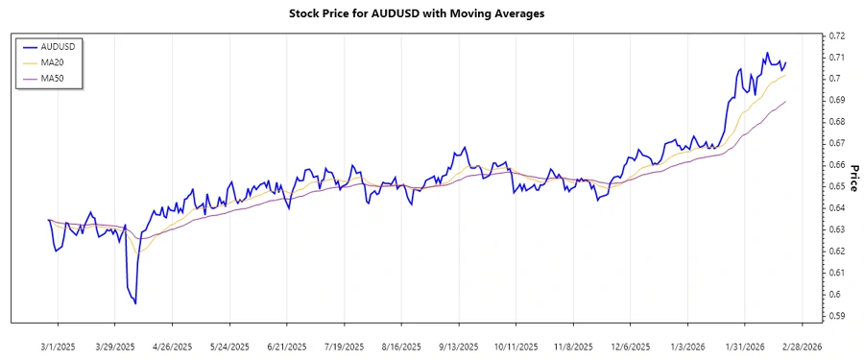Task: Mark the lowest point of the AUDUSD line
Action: click(x=135, y=303)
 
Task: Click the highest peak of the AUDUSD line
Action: click(x=766, y=53)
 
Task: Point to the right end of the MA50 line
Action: click(x=786, y=102)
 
